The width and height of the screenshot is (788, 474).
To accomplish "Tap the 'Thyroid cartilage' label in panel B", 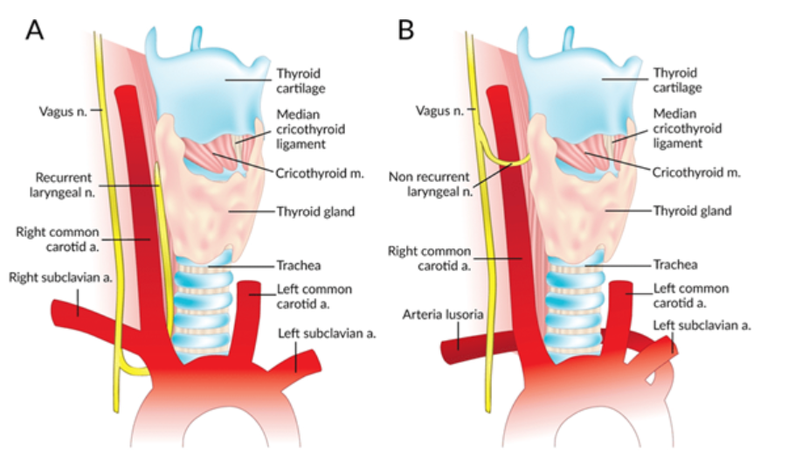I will pyautogui.click(x=681, y=80).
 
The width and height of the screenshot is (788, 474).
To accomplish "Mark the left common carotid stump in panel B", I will pyautogui.click(x=621, y=302).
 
